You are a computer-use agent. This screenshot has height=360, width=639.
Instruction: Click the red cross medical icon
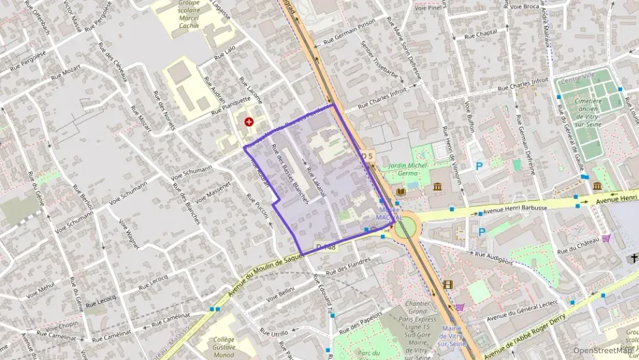click(249, 122)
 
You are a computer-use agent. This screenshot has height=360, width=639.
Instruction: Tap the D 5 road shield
click(368, 156)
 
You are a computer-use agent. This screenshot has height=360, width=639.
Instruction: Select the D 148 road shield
click(326, 246)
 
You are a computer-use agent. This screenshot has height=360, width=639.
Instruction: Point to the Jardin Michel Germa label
click(408, 169)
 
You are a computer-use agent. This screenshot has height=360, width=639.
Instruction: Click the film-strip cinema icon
click(447, 285)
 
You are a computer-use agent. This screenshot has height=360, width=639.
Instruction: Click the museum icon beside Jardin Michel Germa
click(437, 187)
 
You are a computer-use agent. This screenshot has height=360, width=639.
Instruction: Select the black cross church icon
click(634, 258)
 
